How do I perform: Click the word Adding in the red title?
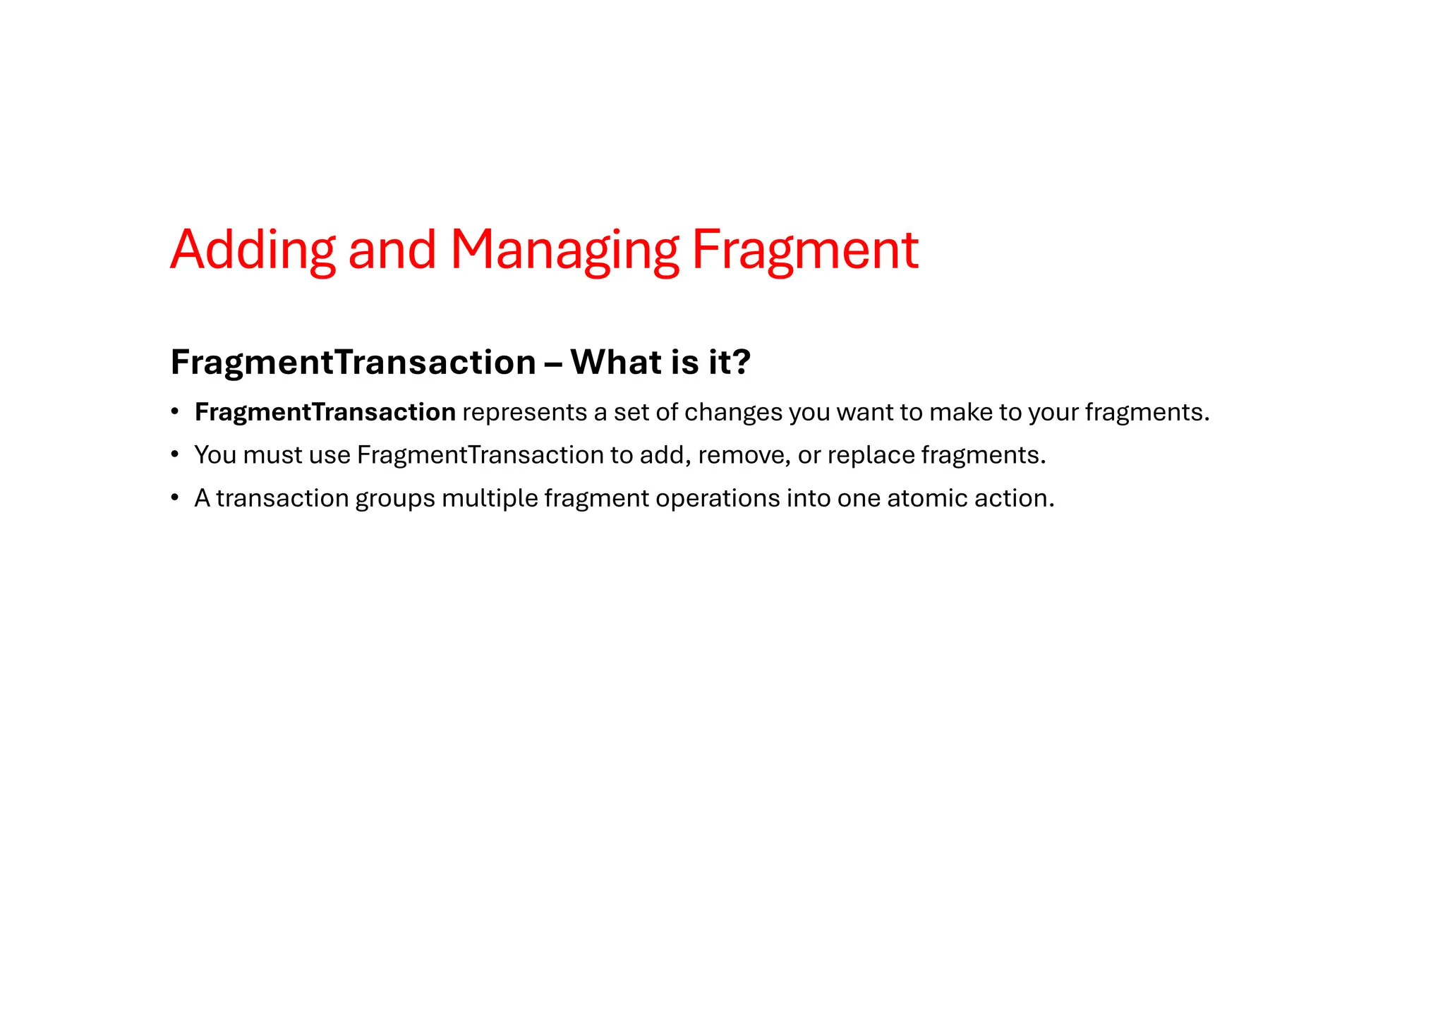[x=253, y=250]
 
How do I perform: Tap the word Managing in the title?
[x=564, y=250]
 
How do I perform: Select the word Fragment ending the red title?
[x=804, y=250]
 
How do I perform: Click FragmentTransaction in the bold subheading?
[x=353, y=363]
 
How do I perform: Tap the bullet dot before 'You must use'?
[x=174, y=455]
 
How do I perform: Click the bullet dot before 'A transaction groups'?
[x=174, y=498]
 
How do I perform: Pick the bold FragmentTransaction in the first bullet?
[x=325, y=412]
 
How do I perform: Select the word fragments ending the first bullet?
[x=1146, y=412]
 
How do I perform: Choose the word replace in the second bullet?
[x=871, y=455]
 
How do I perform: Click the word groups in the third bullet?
[x=395, y=498]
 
